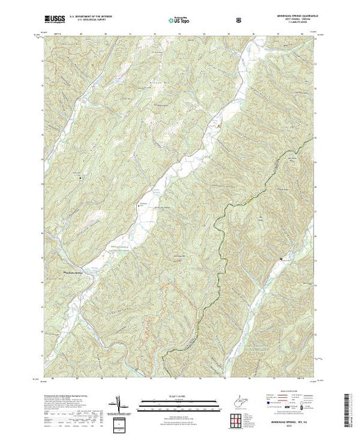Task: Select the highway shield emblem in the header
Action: (238, 19)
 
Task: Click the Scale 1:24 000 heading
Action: (179, 397)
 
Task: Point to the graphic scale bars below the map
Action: (179, 404)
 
